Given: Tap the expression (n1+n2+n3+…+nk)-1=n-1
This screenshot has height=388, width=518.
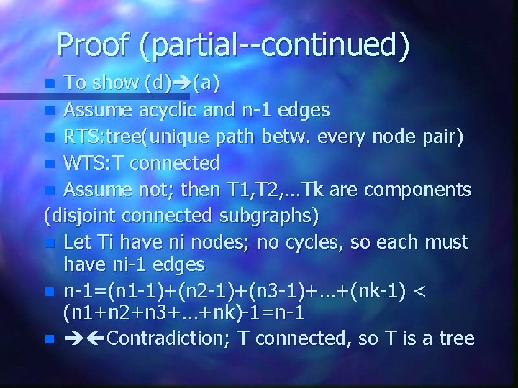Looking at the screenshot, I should click(x=183, y=313).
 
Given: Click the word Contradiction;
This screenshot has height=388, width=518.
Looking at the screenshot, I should click(x=170, y=338).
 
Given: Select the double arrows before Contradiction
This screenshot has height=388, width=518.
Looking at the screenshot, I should click(x=84, y=338).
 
